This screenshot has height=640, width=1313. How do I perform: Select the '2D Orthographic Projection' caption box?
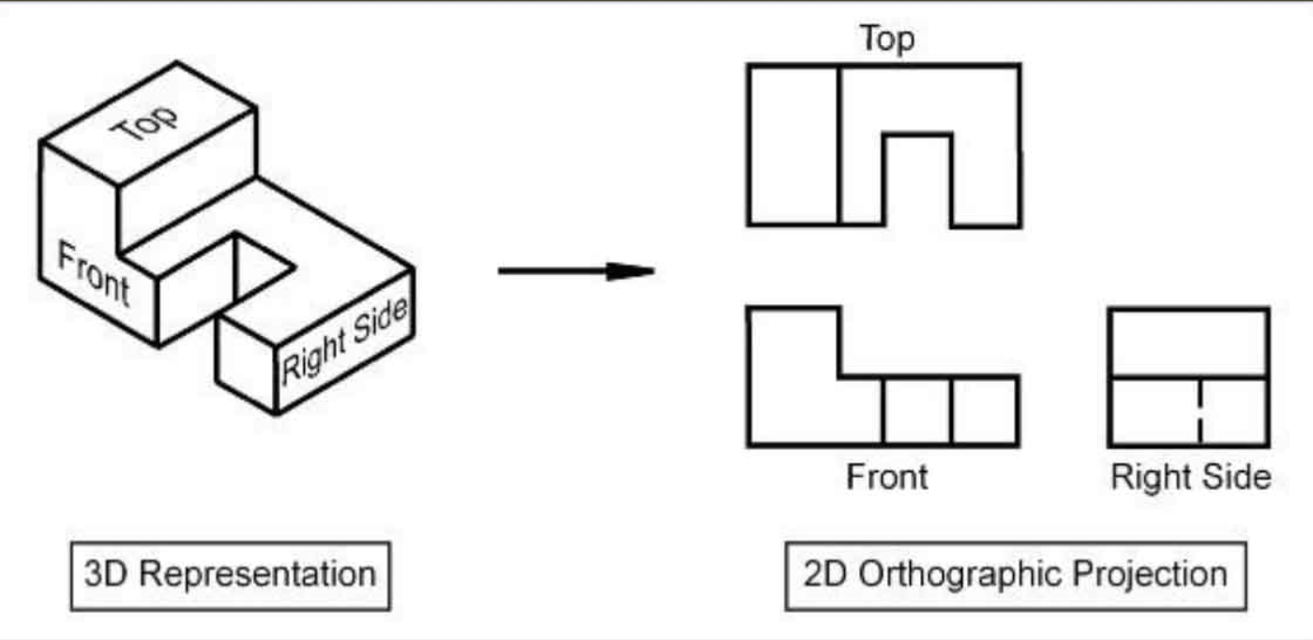[1016, 574]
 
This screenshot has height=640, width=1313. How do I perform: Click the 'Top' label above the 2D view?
[886, 39]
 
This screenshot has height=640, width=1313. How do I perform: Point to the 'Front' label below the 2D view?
[886, 477]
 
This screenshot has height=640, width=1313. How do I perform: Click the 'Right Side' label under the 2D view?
[1190, 477]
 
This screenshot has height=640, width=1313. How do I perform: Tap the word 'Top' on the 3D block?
[145, 122]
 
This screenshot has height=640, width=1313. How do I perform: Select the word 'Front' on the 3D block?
[93, 272]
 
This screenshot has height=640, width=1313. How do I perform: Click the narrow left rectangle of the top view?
[793, 145]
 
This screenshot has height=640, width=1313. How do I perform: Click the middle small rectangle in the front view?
[916, 411]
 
